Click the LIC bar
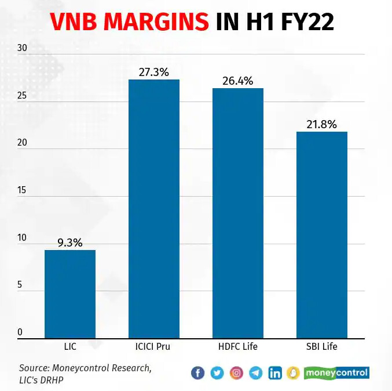[70, 294]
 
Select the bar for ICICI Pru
[154, 209]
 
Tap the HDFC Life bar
[238, 213]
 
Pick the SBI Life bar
[322, 235]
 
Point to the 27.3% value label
[154, 73]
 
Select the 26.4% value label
[238, 81]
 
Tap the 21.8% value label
[322, 124]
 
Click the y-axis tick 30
[23, 49]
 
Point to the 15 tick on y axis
[23, 191]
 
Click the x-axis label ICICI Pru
[154, 347]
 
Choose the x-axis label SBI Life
[322, 347]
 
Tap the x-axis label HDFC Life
[238, 347]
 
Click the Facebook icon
[197, 373]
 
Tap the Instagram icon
[236, 373]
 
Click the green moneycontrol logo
[336, 373]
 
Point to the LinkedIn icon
[275, 373]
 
